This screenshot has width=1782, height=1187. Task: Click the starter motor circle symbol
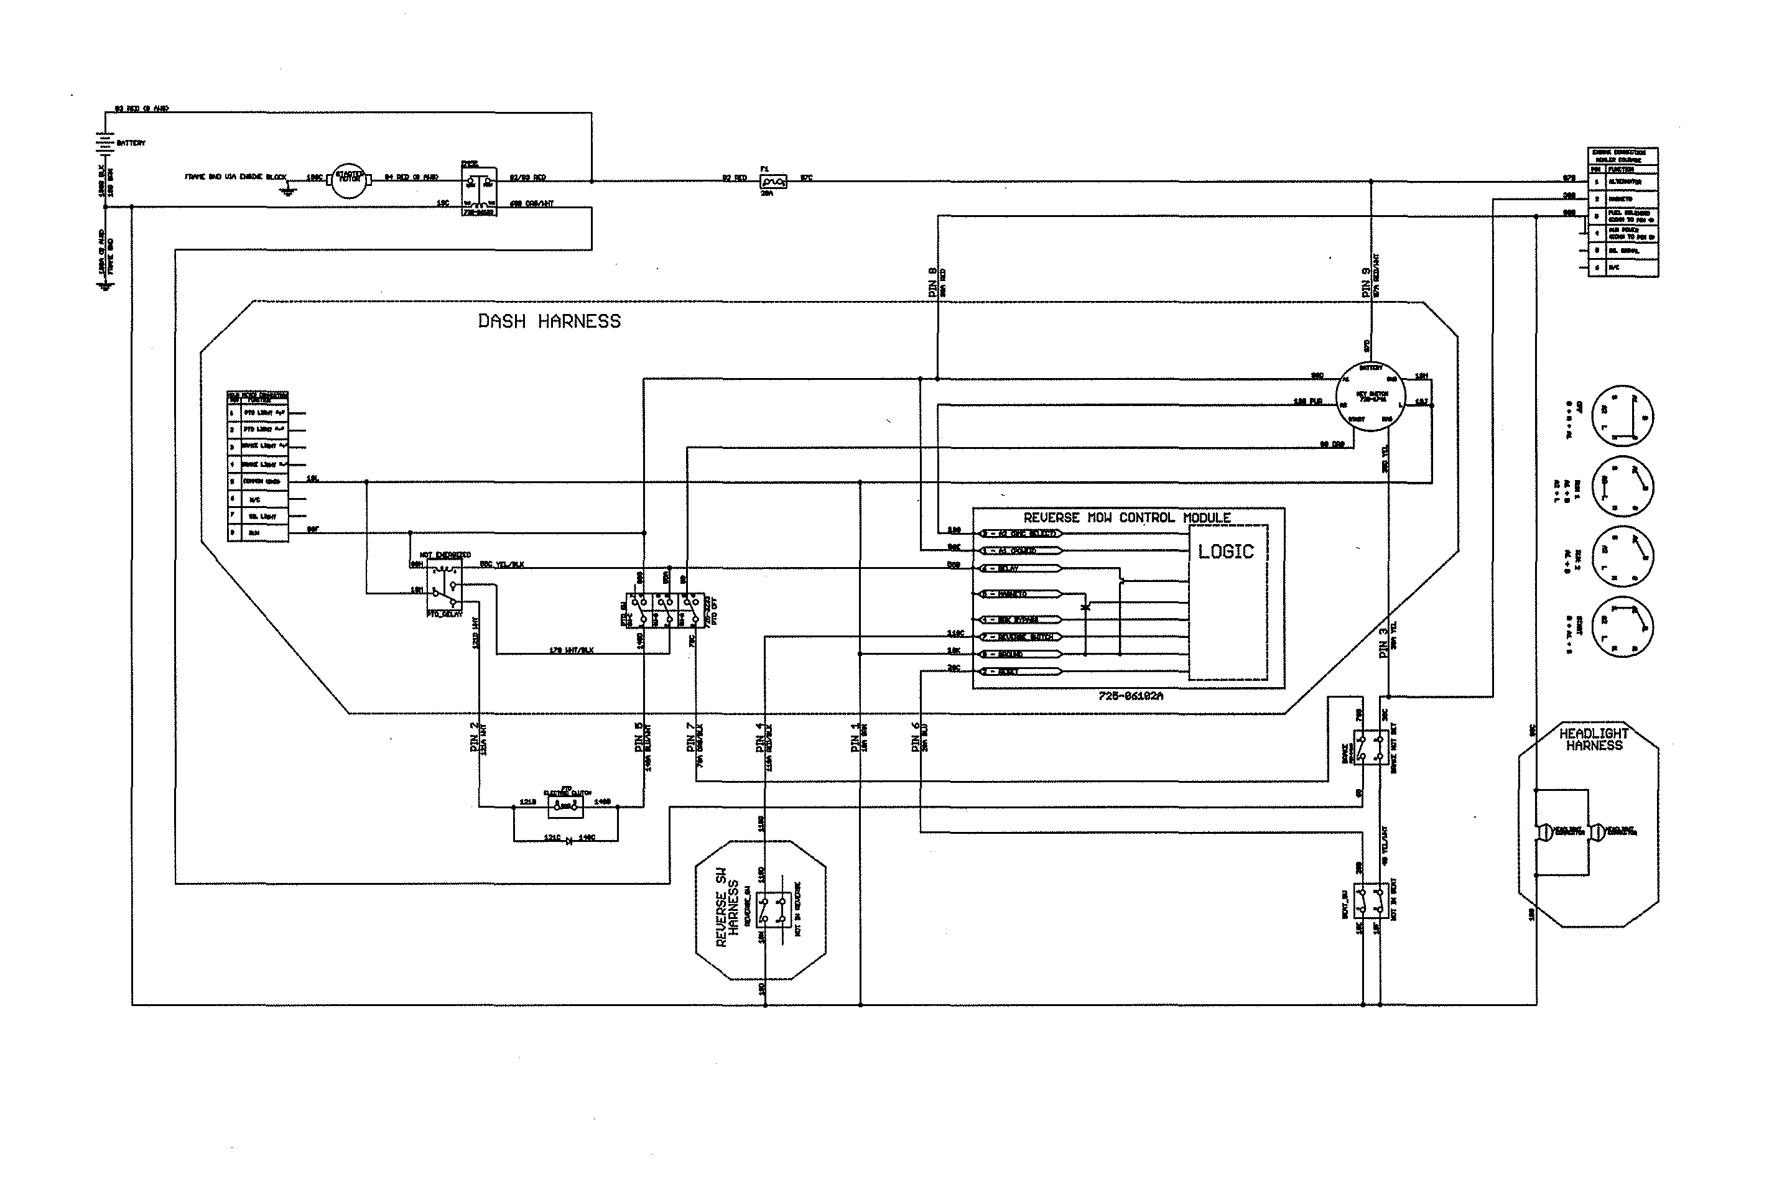348,180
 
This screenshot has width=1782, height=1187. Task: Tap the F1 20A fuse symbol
772,182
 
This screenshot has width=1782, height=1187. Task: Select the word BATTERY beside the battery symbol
131,143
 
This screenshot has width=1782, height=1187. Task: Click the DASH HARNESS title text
549,321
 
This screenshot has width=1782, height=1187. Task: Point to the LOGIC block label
1225,552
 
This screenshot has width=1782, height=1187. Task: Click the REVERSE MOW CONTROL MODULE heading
1127,518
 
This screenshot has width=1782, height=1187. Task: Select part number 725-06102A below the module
1130,696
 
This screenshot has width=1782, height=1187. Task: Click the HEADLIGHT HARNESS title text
1594,739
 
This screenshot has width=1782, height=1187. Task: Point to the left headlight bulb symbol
1542,831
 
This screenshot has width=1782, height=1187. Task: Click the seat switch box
1371,900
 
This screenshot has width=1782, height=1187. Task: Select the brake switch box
1370,747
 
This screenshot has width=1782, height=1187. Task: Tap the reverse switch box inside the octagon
773,910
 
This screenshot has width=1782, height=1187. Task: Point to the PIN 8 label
932,282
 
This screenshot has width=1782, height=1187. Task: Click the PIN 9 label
1365,282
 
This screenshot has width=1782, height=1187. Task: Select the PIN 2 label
474,737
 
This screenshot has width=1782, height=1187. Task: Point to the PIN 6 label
916,737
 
